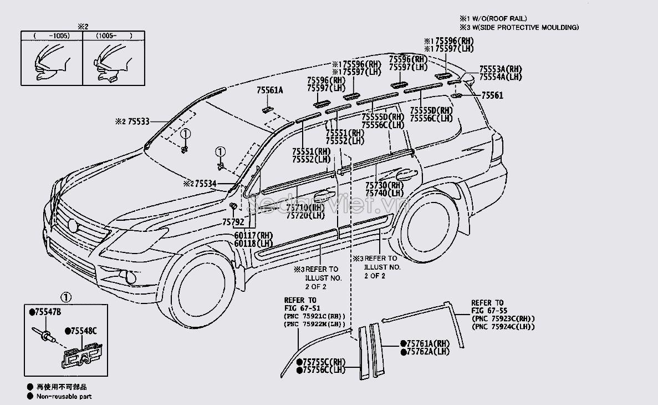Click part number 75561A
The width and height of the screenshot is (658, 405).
tap(269, 90)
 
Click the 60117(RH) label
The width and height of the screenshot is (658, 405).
tap(254, 236)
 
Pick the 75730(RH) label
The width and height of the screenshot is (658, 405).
tap(384, 185)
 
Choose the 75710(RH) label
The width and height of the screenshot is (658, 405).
tap(305, 208)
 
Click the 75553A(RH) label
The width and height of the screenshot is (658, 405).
tap(501, 69)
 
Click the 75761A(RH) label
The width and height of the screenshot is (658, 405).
tap(429, 343)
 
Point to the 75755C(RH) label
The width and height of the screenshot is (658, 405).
tap(324, 362)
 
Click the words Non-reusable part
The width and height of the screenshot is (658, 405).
tap(64, 396)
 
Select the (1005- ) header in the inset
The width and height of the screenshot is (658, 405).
tap(114, 36)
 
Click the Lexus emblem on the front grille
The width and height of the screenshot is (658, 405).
tap(73, 225)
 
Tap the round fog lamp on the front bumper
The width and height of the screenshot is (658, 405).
tap(131, 276)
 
